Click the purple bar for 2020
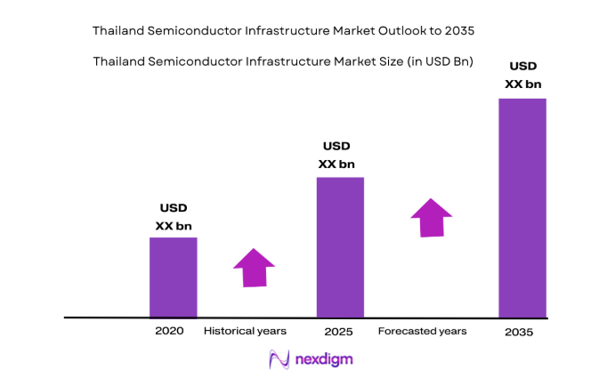tap(173, 277)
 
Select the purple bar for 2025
tap(340, 246)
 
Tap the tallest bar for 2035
tap(522, 207)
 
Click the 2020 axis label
tap(169, 331)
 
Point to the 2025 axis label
tap(339, 332)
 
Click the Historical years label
tap(246, 331)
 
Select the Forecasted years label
tap(422, 331)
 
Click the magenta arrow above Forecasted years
tap(432, 218)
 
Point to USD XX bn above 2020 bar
tap(174, 217)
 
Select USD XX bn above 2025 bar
tap(336, 155)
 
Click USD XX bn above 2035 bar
tap(522, 75)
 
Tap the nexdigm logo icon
tap(279, 360)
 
